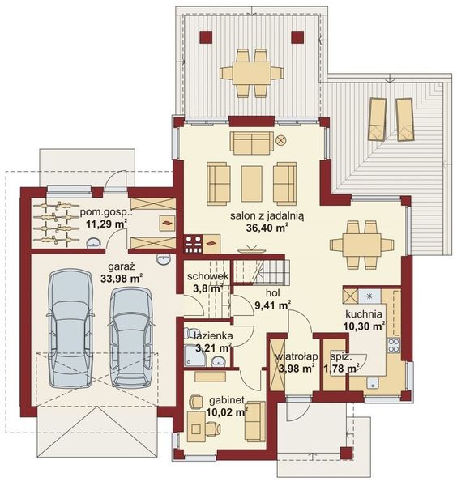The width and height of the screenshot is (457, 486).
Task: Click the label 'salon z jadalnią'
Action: [253, 216]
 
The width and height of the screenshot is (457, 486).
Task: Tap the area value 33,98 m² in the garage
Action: [121, 278]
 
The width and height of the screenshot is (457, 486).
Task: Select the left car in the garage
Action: [70, 327]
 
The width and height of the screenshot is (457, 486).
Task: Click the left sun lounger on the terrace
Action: [377, 120]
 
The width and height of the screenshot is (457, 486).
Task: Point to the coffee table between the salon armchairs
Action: [251, 183]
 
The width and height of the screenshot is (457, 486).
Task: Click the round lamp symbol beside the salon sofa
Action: [281, 139]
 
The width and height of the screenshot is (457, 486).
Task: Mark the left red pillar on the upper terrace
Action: [206, 36]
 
